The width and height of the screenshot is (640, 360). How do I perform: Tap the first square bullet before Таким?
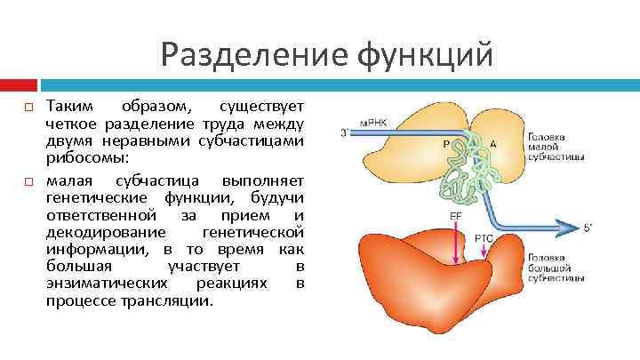[x=29, y=107]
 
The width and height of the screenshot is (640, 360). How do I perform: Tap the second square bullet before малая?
[x=29, y=182]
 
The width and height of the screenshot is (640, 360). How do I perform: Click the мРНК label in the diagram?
[x=372, y=122]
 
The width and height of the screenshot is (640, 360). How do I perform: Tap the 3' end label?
[x=345, y=133]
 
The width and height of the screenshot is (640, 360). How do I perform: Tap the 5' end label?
[x=588, y=228]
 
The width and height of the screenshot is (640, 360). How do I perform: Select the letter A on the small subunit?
[x=495, y=143]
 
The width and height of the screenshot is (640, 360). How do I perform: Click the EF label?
[x=455, y=216]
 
